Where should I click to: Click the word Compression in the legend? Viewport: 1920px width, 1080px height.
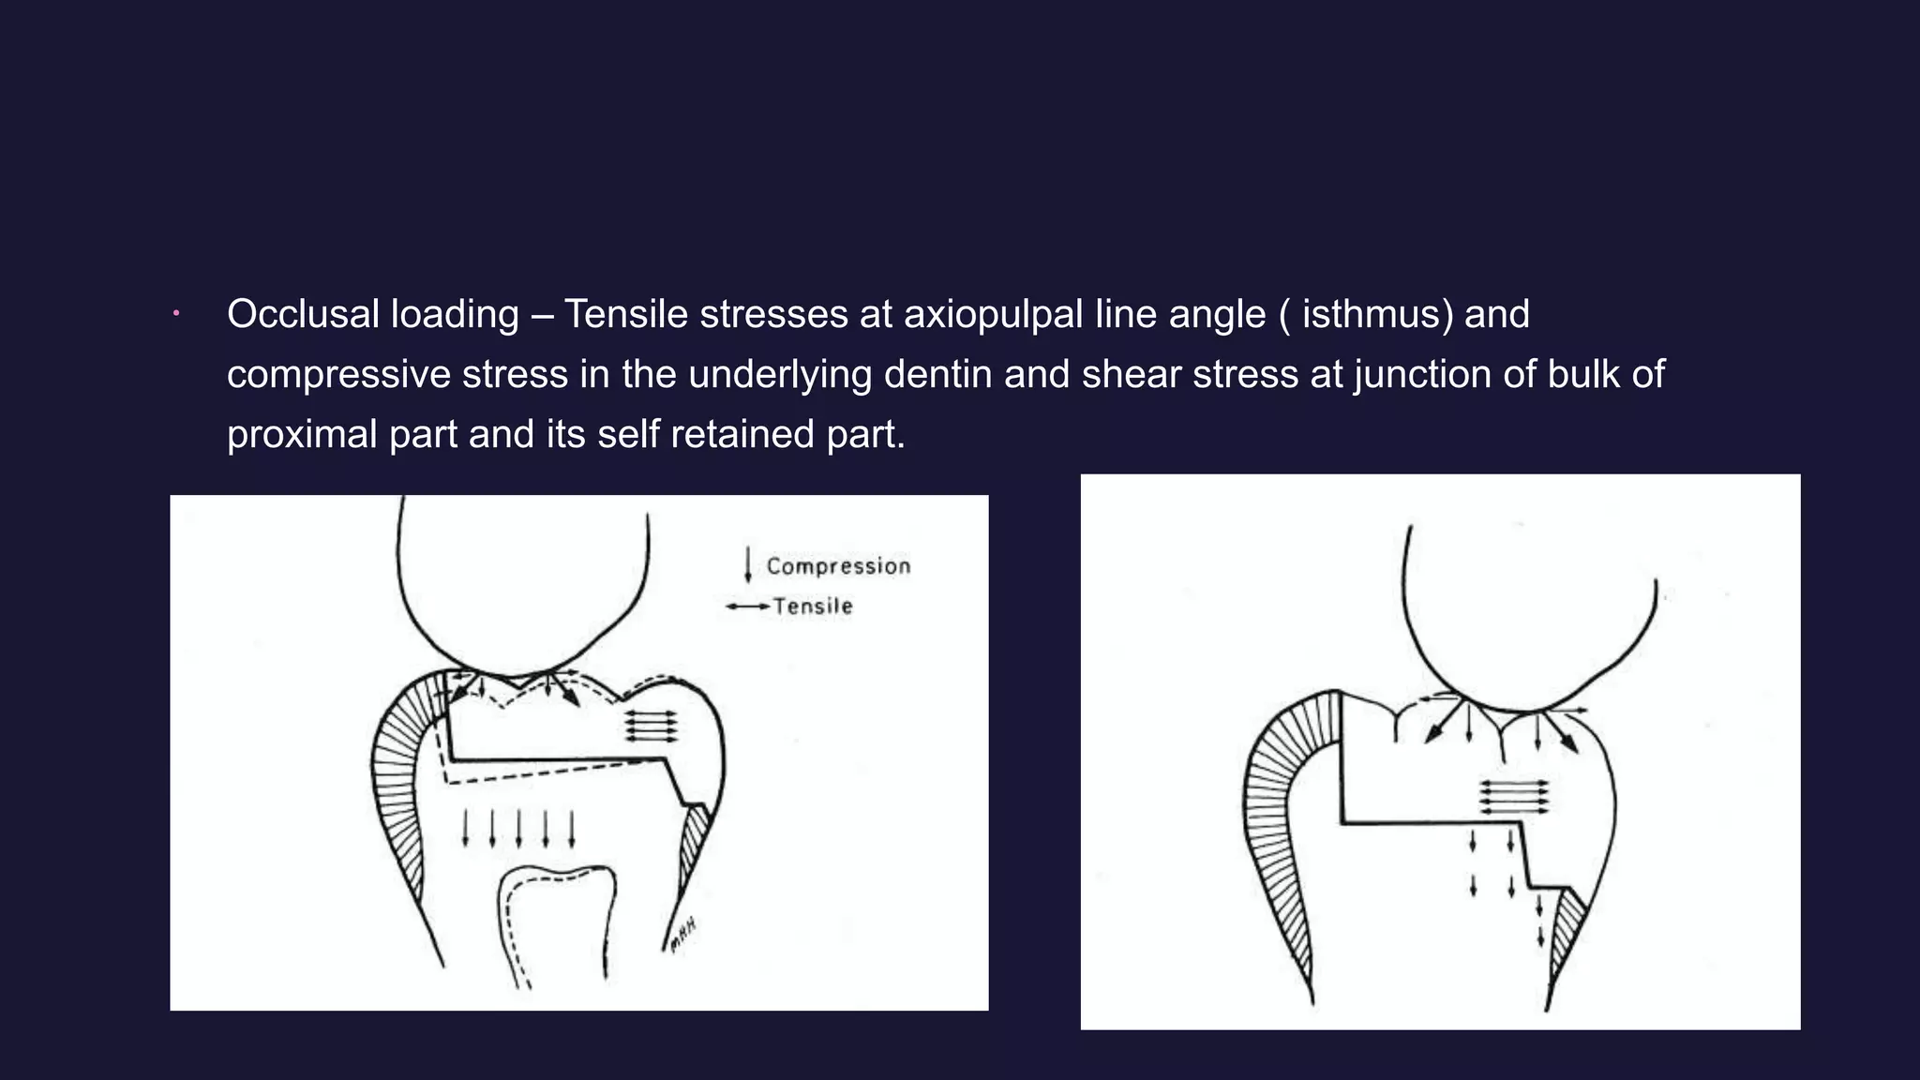(x=838, y=566)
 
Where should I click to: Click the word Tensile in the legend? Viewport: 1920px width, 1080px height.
(x=813, y=607)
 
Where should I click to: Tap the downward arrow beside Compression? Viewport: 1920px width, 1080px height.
(x=748, y=564)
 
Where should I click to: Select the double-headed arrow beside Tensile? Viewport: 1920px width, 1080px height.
(x=748, y=607)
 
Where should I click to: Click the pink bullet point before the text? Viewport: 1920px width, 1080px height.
(x=175, y=314)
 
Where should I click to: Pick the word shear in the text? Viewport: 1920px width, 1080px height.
(x=1130, y=374)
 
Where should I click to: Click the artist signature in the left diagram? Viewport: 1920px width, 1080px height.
(x=682, y=935)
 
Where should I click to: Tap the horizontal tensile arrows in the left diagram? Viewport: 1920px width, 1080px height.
(x=652, y=726)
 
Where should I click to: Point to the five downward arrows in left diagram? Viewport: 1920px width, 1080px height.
(x=518, y=829)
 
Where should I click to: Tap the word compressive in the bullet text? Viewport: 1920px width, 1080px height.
(x=338, y=374)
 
